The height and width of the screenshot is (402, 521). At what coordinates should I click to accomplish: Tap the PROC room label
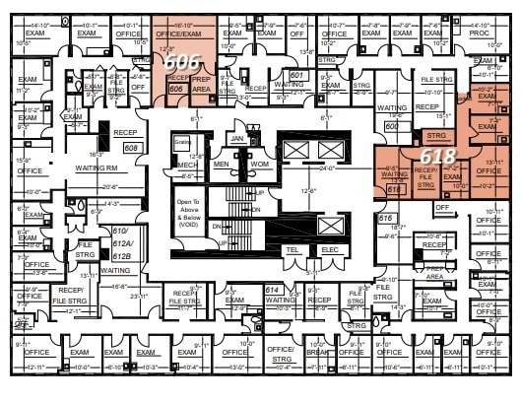[480, 33]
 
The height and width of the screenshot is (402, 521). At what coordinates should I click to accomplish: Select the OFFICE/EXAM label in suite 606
[180, 33]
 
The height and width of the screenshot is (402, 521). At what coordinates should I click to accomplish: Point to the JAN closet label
[236, 139]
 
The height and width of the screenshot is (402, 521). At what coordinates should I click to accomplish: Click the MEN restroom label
[222, 164]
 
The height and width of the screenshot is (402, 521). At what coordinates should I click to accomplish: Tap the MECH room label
[187, 165]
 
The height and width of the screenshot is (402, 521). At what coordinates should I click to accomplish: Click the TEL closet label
[293, 249]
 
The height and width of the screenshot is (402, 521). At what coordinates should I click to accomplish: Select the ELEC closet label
[329, 249]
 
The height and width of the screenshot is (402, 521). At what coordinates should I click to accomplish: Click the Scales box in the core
[181, 141]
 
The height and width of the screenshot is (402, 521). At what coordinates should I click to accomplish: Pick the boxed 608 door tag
[130, 148]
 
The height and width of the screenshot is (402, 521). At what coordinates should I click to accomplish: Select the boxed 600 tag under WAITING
[391, 125]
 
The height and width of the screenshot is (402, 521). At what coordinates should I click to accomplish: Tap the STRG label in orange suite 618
[436, 134]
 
